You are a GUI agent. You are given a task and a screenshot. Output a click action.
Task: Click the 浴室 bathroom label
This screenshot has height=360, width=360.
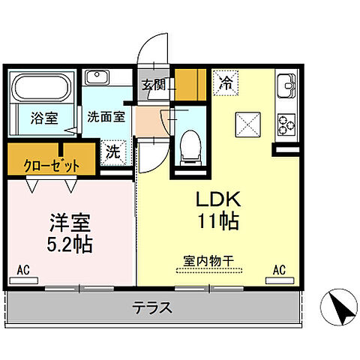pos(43,117)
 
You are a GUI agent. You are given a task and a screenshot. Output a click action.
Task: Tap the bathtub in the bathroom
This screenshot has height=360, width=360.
pos(42,88)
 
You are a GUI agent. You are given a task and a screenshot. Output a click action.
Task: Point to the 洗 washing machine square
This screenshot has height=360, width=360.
pos(113,149)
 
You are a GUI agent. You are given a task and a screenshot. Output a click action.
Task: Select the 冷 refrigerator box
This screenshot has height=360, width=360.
pos(224,82)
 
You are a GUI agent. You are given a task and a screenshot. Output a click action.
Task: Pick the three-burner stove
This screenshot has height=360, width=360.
pos(287,123)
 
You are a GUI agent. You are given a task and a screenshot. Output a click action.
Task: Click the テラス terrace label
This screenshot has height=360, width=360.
pos(154,307)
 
